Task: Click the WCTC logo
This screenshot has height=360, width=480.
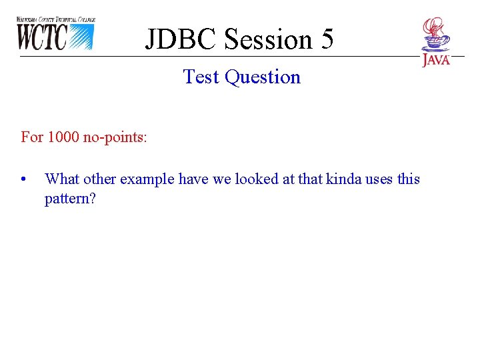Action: point(56,34)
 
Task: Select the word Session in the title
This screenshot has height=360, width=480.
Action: point(267,40)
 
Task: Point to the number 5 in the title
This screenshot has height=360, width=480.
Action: point(327,40)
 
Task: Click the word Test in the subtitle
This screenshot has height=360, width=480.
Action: point(202,77)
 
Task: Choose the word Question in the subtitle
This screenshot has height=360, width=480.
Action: point(263,77)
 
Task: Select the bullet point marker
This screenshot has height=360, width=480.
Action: point(24,179)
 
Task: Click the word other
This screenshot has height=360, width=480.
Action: point(99,179)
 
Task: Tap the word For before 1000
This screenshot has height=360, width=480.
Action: point(32,137)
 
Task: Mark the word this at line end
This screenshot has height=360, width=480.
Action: point(409,179)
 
